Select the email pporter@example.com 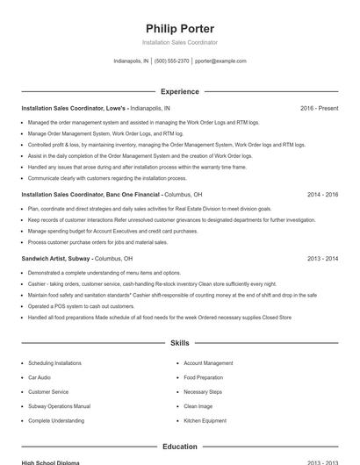pyautogui.click(x=220, y=61)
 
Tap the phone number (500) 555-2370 pyautogui.click(x=171, y=61)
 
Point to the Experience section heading pyautogui.click(x=179, y=91)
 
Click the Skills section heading pyautogui.click(x=179, y=343)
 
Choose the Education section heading pyautogui.click(x=179, y=447)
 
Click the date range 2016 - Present pyautogui.click(x=319, y=108)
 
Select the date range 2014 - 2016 pyautogui.click(x=322, y=194)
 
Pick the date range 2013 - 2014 pyautogui.click(x=322, y=259)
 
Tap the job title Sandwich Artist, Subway pyautogui.click(x=55, y=259)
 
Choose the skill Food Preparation pyautogui.click(x=203, y=377)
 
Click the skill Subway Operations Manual pyautogui.click(x=59, y=406)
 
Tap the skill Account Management pyautogui.click(x=208, y=362)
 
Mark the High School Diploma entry pyautogui.click(x=50, y=462)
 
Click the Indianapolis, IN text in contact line pyautogui.click(x=131, y=61)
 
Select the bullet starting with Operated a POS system pyautogui.click(x=78, y=307)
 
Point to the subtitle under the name pyautogui.click(x=179, y=42)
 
